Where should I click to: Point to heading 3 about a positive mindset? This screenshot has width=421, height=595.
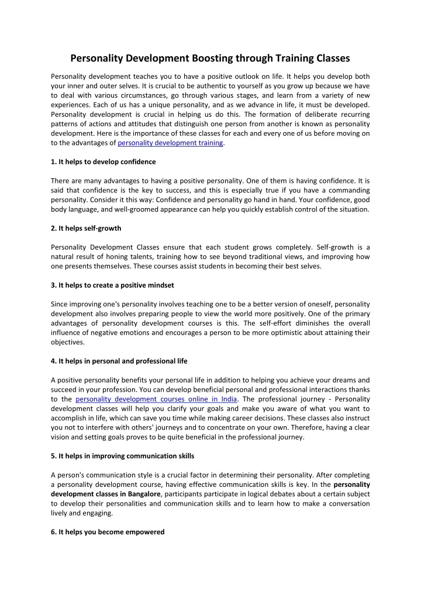112,285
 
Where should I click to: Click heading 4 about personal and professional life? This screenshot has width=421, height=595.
127,361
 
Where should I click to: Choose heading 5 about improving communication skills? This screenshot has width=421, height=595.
123,455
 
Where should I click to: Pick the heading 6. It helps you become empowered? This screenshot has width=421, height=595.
108,532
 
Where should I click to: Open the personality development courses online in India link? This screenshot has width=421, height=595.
157,399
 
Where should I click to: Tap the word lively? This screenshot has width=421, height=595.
58,513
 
